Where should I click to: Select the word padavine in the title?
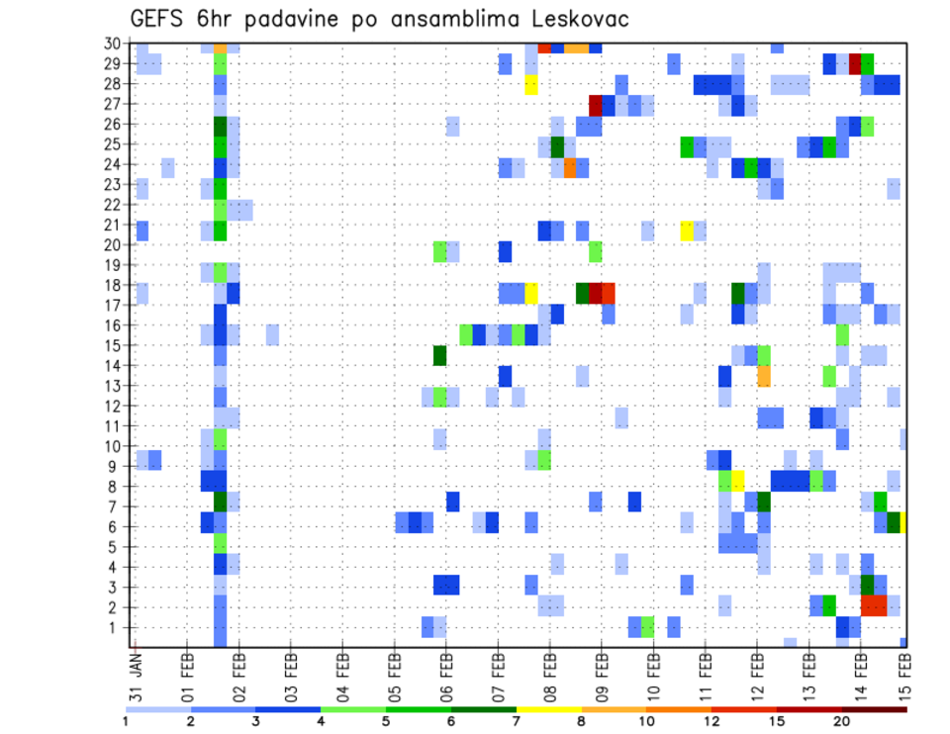coord(287,20)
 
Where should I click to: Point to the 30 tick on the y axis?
coord(114,44)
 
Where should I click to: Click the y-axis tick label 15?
coord(114,344)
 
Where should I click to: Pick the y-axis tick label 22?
coord(114,204)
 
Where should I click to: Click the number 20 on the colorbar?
coord(841,720)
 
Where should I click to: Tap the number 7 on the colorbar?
coord(517,720)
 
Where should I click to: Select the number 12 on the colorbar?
coord(712,720)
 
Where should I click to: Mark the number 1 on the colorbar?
coord(126,720)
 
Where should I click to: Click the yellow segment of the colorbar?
coord(548,709)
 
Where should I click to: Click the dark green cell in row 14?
coord(440,354)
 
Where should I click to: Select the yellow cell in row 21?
coord(687,230)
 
